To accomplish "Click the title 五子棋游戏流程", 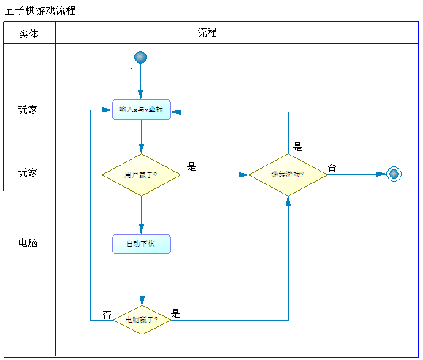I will pyautogui.click(x=40, y=11).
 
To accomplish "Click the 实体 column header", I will pyautogui.click(x=28, y=34).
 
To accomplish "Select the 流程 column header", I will pyautogui.click(x=207, y=33).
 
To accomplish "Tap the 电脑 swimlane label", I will pyautogui.click(x=28, y=242).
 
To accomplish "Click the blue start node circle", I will pyautogui.click(x=141, y=58).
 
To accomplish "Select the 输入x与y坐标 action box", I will pyautogui.click(x=141, y=110).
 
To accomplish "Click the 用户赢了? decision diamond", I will pyautogui.click(x=141, y=175).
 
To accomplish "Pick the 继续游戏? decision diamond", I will pyautogui.click(x=288, y=175).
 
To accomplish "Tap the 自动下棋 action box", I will pyautogui.click(x=141, y=244).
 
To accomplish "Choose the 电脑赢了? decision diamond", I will pyautogui.click(x=141, y=320).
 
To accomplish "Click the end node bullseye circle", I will pyautogui.click(x=395, y=174).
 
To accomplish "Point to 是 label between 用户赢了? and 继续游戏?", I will pyautogui.click(x=191, y=166).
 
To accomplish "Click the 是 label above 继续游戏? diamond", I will pyautogui.click(x=297, y=147).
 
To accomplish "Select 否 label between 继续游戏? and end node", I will pyautogui.click(x=332, y=167).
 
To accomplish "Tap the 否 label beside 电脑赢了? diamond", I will pyautogui.click(x=107, y=315).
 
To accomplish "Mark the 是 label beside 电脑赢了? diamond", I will pyautogui.click(x=175, y=314).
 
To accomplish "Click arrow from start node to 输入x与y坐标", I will pyautogui.click(x=141, y=82).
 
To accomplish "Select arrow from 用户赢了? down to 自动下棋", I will pyautogui.click(x=141, y=215).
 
